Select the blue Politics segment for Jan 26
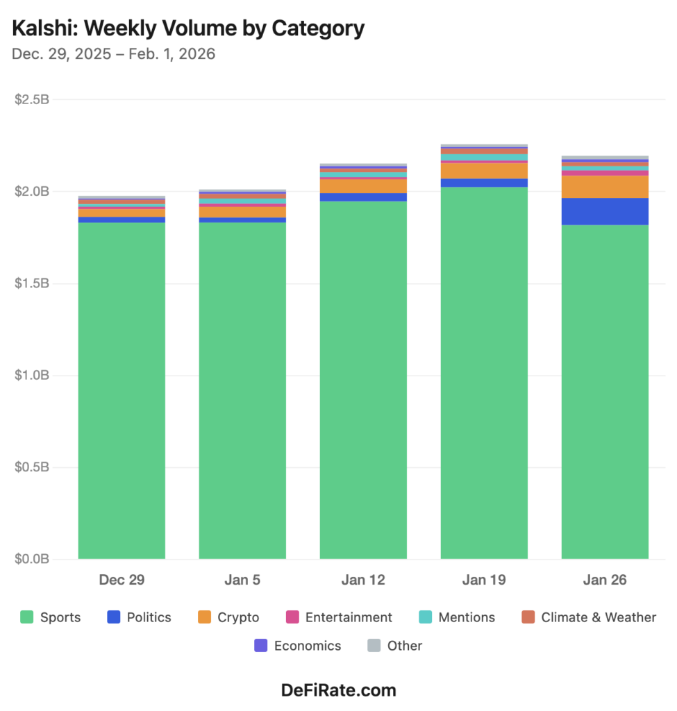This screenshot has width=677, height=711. pos(605,211)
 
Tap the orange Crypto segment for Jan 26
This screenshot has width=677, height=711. pos(605,187)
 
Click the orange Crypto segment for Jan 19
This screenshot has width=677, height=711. pos(484,171)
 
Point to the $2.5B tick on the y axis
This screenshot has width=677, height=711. pos(32,99)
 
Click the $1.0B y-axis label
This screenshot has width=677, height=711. pos(32,376)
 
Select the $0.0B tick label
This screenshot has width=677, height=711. pos(32,559)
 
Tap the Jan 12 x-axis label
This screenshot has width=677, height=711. pos(363,580)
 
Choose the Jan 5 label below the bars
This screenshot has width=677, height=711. pos(242,580)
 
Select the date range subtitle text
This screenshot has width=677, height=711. pos(113,53)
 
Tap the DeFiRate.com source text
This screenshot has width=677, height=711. pos(338,690)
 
